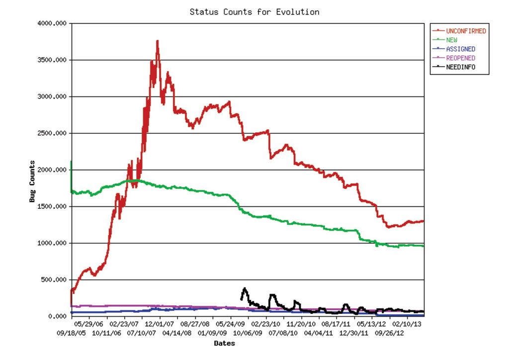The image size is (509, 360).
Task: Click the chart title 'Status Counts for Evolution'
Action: point(254,11)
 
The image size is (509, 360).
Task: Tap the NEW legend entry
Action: point(452,40)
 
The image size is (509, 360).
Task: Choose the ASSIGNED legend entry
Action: point(460,49)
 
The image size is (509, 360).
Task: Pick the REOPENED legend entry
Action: point(460,58)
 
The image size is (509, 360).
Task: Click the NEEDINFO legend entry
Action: point(460,67)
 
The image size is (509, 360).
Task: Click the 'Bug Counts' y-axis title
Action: point(32,181)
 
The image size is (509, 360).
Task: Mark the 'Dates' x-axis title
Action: point(224,343)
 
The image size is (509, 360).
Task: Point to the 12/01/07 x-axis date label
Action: point(160,324)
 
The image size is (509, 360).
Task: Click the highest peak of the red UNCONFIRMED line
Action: point(158,41)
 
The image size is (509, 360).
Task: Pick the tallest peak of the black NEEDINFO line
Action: point(245,288)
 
